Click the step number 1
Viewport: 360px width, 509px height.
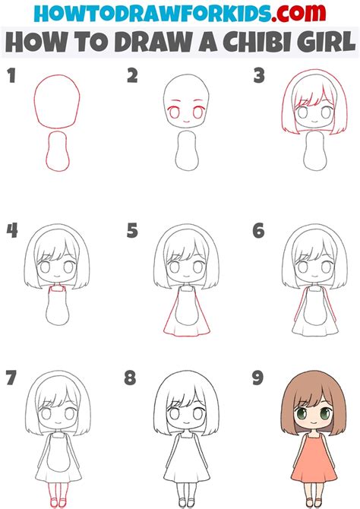coord(11,76)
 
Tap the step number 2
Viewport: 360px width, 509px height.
coord(133,76)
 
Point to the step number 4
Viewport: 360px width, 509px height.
coord(11,230)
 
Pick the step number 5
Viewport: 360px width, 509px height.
coord(133,230)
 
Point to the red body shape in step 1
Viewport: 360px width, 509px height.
coord(56,151)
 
